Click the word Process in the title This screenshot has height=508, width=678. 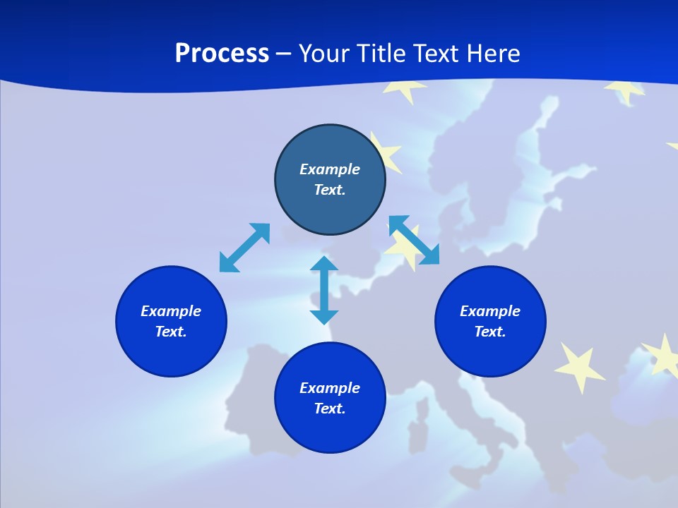coord(222,54)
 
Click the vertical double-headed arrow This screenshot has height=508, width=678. coord(324,290)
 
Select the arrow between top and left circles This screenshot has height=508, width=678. coord(245,247)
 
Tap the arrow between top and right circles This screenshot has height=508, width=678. coord(414,240)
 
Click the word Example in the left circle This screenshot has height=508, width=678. coord(171,311)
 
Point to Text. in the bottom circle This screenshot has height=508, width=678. coord(330,409)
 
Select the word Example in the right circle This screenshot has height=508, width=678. coord(490,311)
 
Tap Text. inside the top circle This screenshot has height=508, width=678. coord(330,190)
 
